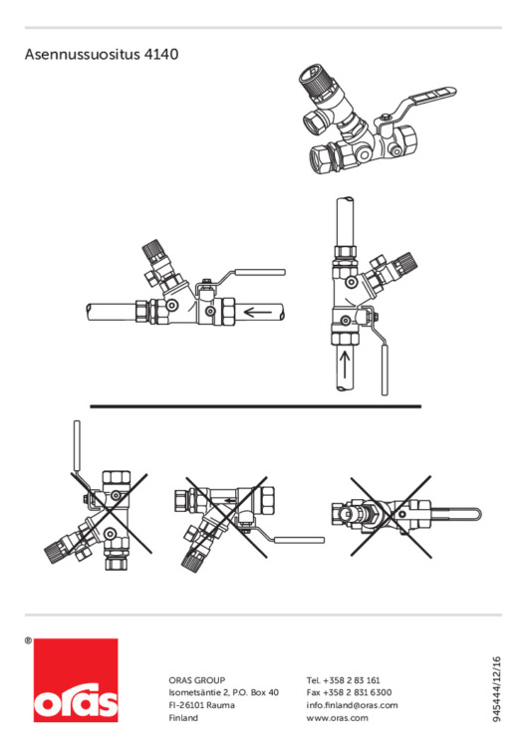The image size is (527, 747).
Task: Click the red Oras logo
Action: pyautogui.click(x=76, y=680)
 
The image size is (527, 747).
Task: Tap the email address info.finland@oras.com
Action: pyautogui.click(x=352, y=705)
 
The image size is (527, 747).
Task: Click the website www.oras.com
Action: pyautogui.click(x=338, y=718)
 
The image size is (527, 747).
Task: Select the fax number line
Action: pyautogui.click(x=350, y=692)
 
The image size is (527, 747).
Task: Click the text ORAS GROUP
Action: pyautogui.click(x=197, y=680)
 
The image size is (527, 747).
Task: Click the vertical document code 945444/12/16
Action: pyautogui.click(x=497, y=689)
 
